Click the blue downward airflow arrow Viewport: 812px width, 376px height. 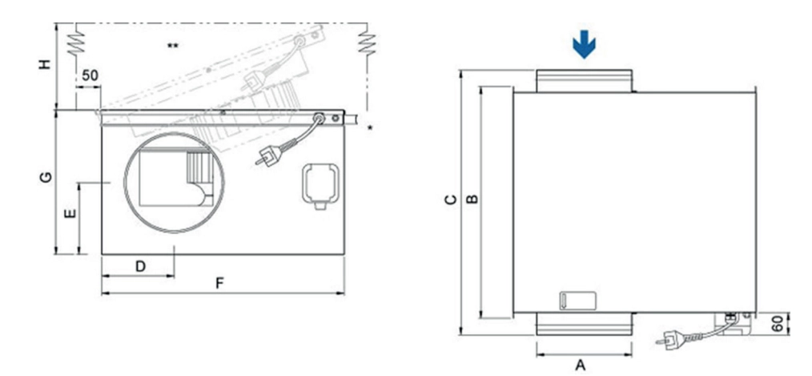pos(584,44)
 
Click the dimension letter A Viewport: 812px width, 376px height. pos(581,365)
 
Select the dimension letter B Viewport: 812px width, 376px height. pos(472,199)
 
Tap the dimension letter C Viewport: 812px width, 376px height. pos(452,200)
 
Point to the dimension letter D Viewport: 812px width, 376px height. pos(140,267)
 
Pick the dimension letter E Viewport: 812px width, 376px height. pos(70,213)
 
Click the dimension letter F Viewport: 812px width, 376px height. pos(219,283)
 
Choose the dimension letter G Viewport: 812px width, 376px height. pos(46,177)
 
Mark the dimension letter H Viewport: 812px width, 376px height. pos(46,63)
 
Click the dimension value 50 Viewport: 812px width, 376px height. pos(90,75)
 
